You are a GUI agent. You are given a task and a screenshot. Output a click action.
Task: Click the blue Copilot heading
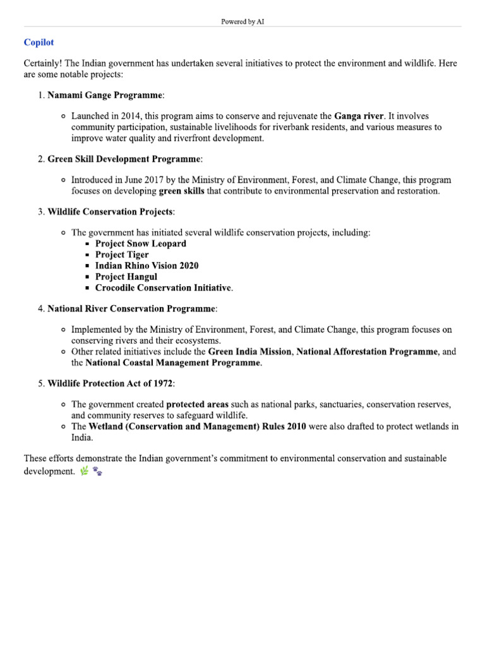tap(39, 42)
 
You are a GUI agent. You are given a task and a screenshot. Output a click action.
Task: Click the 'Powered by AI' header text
tap(242, 21)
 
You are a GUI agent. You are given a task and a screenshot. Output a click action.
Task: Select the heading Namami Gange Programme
tap(105, 95)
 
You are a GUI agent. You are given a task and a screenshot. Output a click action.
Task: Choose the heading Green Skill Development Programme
tap(124, 159)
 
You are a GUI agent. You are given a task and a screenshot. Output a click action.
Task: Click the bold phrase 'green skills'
tap(181, 191)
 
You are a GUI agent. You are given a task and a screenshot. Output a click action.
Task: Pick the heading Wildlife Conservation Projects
tap(111, 212)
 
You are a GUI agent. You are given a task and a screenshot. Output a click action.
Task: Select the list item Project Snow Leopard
tap(141, 244)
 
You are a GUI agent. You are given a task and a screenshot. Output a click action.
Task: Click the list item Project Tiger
tap(122, 255)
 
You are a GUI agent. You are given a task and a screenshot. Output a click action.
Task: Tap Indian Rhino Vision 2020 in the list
tap(147, 266)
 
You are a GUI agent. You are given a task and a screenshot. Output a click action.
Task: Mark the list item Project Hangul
tap(126, 277)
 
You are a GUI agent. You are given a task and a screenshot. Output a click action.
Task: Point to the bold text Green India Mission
tap(250, 351)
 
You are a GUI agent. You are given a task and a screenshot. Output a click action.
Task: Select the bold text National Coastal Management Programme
tap(173, 363)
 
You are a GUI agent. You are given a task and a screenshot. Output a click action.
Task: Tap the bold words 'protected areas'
tap(197, 404)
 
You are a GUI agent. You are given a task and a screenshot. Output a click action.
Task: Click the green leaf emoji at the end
tap(84, 471)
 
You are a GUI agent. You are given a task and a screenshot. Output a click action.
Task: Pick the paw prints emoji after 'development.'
tap(97, 471)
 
